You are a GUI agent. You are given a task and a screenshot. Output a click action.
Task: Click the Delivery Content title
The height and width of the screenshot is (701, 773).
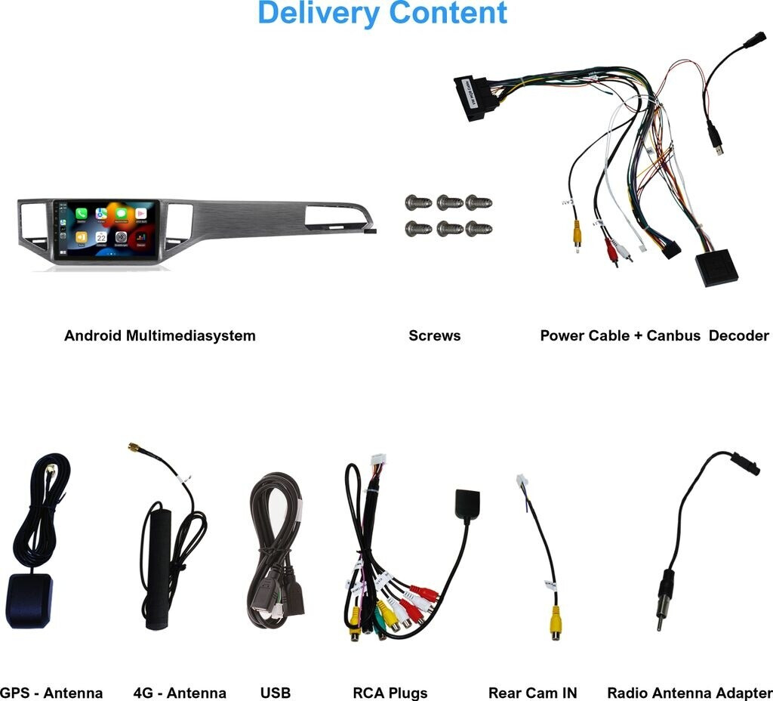(382, 14)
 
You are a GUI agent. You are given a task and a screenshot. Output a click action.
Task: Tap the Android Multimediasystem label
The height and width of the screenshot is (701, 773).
(160, 335)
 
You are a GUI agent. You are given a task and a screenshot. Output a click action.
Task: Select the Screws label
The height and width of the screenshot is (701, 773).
(434, 335)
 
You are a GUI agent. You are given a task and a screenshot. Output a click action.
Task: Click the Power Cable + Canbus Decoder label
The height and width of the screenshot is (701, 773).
(654, 335)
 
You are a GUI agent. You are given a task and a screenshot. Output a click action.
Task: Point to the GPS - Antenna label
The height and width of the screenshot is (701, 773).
(50, 693)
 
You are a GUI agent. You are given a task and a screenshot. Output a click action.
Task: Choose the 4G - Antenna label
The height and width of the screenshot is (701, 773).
(179, 693)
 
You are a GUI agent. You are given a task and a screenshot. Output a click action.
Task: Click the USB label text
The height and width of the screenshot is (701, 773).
(275, 693)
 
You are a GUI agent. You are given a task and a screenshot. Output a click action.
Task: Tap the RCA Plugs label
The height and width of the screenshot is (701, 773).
(390, 693)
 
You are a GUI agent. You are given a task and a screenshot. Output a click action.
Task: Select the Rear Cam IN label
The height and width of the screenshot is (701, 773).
(533, 693)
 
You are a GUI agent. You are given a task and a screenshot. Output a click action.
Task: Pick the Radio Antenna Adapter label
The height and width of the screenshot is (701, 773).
(689, 693)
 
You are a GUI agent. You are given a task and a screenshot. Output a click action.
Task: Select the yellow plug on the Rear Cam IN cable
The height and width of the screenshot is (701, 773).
(556, 621)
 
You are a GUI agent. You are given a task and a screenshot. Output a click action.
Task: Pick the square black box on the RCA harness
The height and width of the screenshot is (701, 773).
(463, 505)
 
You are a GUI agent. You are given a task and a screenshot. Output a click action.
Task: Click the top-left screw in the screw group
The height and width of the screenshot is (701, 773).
(417, 202)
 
